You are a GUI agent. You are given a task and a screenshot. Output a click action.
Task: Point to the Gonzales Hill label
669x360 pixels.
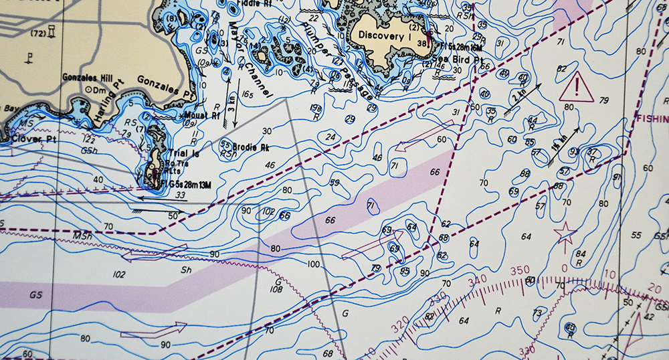pos(85,77)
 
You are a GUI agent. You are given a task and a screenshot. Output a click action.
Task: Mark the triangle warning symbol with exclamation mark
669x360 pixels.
pos(577,88)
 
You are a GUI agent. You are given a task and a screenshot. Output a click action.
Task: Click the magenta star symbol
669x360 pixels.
pos(565,235)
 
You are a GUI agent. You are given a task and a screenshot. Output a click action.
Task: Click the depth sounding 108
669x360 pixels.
pos(276,290)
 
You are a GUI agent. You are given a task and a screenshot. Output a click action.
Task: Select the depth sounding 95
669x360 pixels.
pos(405,271)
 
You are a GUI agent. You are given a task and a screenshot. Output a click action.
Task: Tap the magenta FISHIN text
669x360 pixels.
pos(652,118)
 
